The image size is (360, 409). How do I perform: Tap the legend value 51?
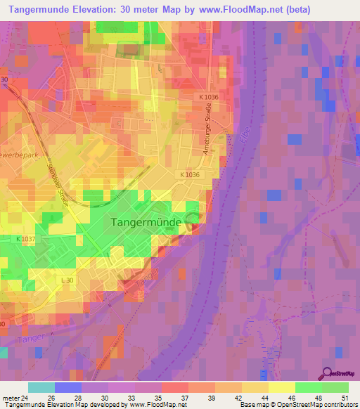point(345,397)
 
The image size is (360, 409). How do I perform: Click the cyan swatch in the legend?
point(41,387)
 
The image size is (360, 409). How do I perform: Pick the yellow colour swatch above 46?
point(282,387)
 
